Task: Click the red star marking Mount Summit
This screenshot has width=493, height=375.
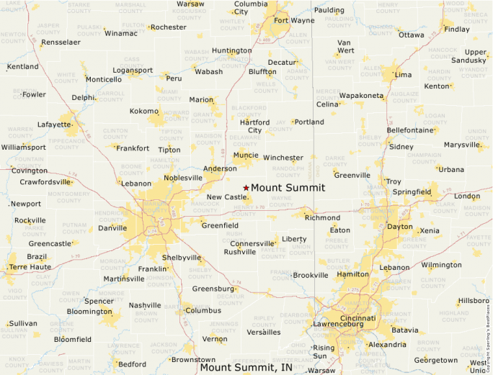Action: (246, 188)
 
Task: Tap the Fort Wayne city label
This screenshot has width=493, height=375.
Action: (293, 20)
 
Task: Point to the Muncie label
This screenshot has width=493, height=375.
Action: (246, 155)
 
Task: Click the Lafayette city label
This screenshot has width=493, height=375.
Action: (55, 125)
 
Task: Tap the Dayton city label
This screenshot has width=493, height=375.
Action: (400, 226)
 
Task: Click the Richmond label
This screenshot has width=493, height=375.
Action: (322, 217)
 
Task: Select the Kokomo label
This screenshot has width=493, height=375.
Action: (143, 112)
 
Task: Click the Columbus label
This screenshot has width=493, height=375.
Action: (203, 311)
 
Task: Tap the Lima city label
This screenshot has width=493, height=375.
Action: (404, 75)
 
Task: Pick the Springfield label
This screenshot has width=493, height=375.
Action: (412, 192)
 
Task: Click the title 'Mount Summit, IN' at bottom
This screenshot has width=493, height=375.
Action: (246, 368)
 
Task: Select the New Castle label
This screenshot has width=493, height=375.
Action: (226, 197)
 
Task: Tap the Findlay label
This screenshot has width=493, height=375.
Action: (456, 30)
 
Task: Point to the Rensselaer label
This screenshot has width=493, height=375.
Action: (61, 42)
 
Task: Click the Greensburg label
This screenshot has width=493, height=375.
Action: (213, 289)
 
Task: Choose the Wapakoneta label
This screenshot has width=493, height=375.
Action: (361, 96)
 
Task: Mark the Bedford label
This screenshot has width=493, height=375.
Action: (130, 364)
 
